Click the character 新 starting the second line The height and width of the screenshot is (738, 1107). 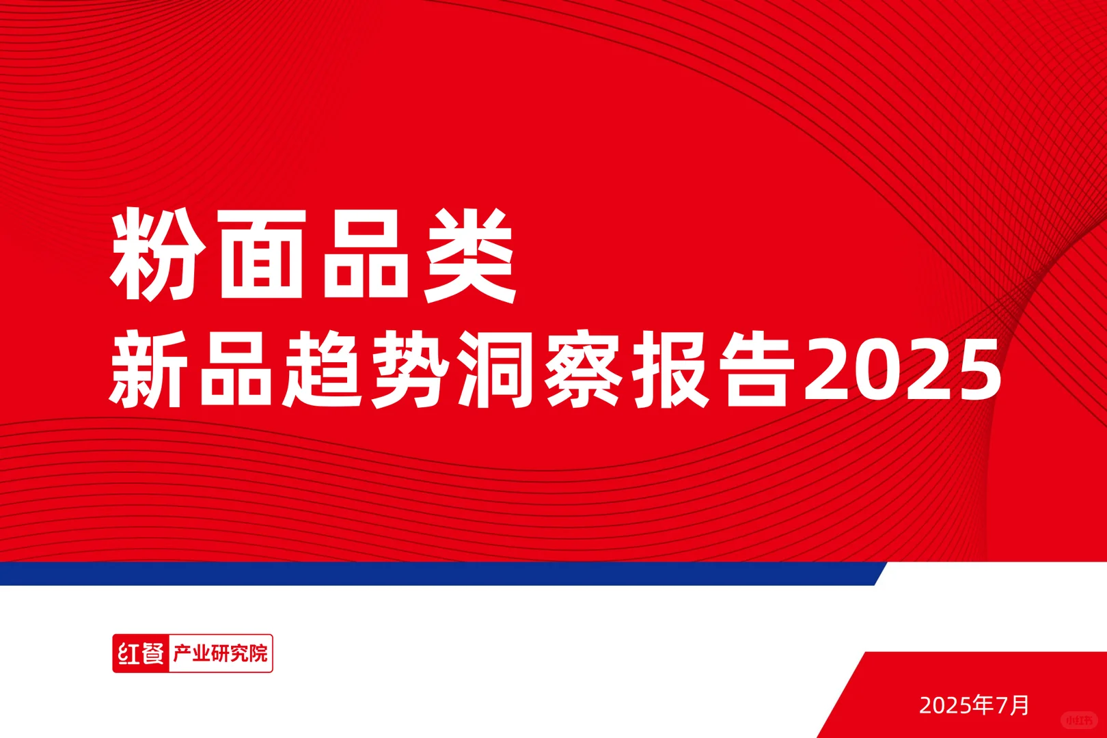tap(148, 370)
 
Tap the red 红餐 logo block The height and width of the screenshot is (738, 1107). tap(141, 654)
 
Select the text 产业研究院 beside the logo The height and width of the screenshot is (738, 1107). tap(220, 654)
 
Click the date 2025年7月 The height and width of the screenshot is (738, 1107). tap(974, 705)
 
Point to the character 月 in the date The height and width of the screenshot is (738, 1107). tap(1020, 705)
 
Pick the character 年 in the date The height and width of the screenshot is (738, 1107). tap(984, 705)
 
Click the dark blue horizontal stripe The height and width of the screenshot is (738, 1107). tap(437, 574)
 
